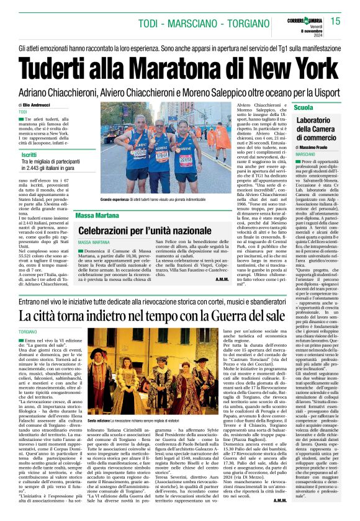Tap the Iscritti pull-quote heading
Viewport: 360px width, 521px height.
point(29,154)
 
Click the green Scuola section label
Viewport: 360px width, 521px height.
point(304,108)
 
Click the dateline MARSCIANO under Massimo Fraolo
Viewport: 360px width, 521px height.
point(306,154)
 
